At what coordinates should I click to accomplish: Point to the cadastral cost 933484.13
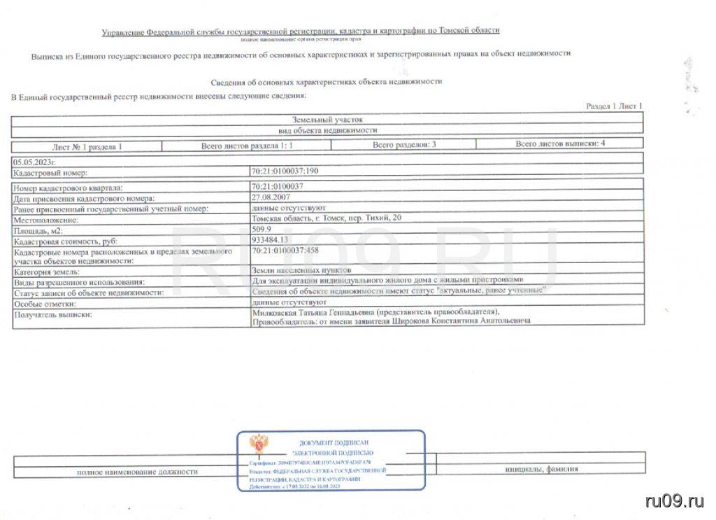(269, 239)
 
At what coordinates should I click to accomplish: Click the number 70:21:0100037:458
(289, 250)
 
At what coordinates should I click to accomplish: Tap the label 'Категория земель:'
(47, 272)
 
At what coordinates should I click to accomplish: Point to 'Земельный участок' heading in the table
(327, 120)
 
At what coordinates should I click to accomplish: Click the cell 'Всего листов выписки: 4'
(560, 143)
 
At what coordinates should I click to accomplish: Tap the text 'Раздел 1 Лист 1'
(614, 106)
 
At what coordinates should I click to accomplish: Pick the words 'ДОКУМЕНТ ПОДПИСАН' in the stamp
(333, 442)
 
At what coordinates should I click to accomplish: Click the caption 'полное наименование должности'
(137, 472)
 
